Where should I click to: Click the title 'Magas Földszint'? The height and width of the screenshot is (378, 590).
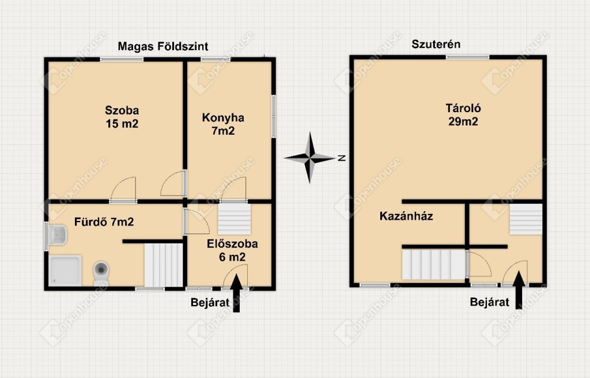[x=163, y=46]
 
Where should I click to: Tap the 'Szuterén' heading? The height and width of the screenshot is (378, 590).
[x=436, y=44]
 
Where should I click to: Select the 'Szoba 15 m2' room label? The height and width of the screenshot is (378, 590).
[x=122, y=117]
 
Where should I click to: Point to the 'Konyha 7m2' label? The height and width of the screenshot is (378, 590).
[x=223, y=124]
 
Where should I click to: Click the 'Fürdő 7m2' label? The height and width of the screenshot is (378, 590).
[x=104, y=222]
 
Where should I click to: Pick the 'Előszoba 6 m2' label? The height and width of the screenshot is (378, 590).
[x=232, y=250]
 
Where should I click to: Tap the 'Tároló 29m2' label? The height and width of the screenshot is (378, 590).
[x=463, y=114]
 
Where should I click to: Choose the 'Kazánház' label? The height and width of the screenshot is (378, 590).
[x=406, y=216]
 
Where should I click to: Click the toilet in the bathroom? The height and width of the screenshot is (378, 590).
[x=101, y=273]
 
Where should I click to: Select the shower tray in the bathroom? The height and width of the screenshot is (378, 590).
[x=65, y=270]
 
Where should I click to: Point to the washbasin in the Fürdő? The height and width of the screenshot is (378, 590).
[x=57, y=235]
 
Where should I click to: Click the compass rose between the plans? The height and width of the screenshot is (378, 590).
[x=309, y=158]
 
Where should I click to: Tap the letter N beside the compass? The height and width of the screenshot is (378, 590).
[x=342, y=158]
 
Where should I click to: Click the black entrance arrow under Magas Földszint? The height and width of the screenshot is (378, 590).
[x=236, y=293]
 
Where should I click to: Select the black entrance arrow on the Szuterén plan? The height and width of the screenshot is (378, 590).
[x=519, y=290]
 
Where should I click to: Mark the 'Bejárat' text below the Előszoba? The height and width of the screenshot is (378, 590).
[x=210, y=303]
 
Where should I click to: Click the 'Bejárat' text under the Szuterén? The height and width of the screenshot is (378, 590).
[x=490, y=302]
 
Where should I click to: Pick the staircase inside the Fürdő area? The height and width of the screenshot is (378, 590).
[x=164, y=265]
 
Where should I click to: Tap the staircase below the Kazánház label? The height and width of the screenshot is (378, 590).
[x=434, y=265]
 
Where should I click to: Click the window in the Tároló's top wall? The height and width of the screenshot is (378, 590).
[x=468, y=58]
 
